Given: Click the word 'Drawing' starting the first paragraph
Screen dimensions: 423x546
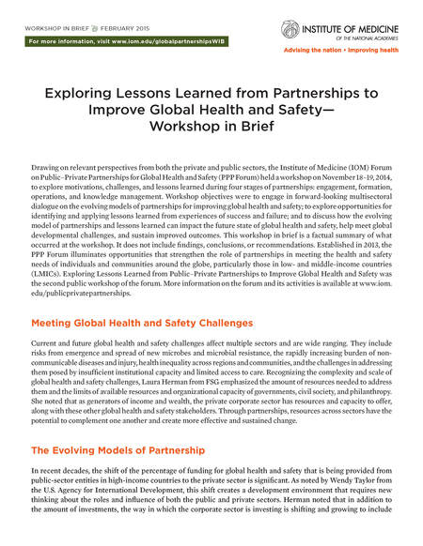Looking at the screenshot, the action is [47, 165].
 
